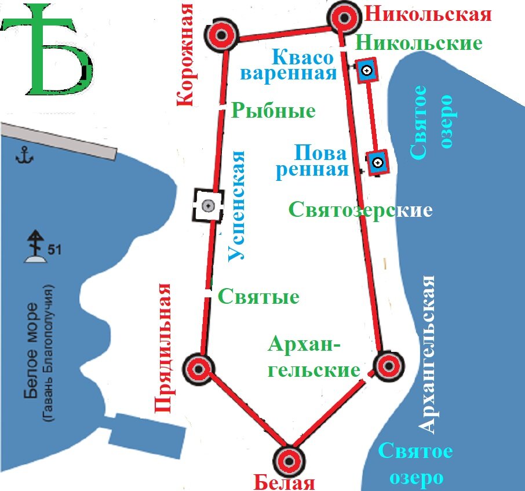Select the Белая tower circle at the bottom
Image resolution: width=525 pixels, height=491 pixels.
tap(289, 460)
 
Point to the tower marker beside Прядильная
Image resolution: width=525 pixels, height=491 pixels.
tap(198, 368)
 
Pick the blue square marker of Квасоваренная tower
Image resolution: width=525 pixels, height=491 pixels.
tap(366, 71)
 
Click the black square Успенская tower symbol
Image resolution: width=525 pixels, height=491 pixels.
tap(209, 205)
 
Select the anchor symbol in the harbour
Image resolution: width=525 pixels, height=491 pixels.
tap(25, 155)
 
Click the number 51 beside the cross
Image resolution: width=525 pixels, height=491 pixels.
tap(55, 250)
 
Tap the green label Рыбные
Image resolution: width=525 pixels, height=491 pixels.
tap(273, 111)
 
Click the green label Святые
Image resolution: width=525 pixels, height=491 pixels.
tap(258, 297)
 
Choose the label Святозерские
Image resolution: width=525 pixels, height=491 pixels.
tap(360, 210)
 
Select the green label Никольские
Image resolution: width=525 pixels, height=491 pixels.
tap(418, 43)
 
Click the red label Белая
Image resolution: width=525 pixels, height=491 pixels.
tap(284, 482)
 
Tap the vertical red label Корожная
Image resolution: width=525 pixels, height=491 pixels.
tap(184, 55)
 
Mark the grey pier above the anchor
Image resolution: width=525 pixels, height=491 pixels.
tap(58, 140)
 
